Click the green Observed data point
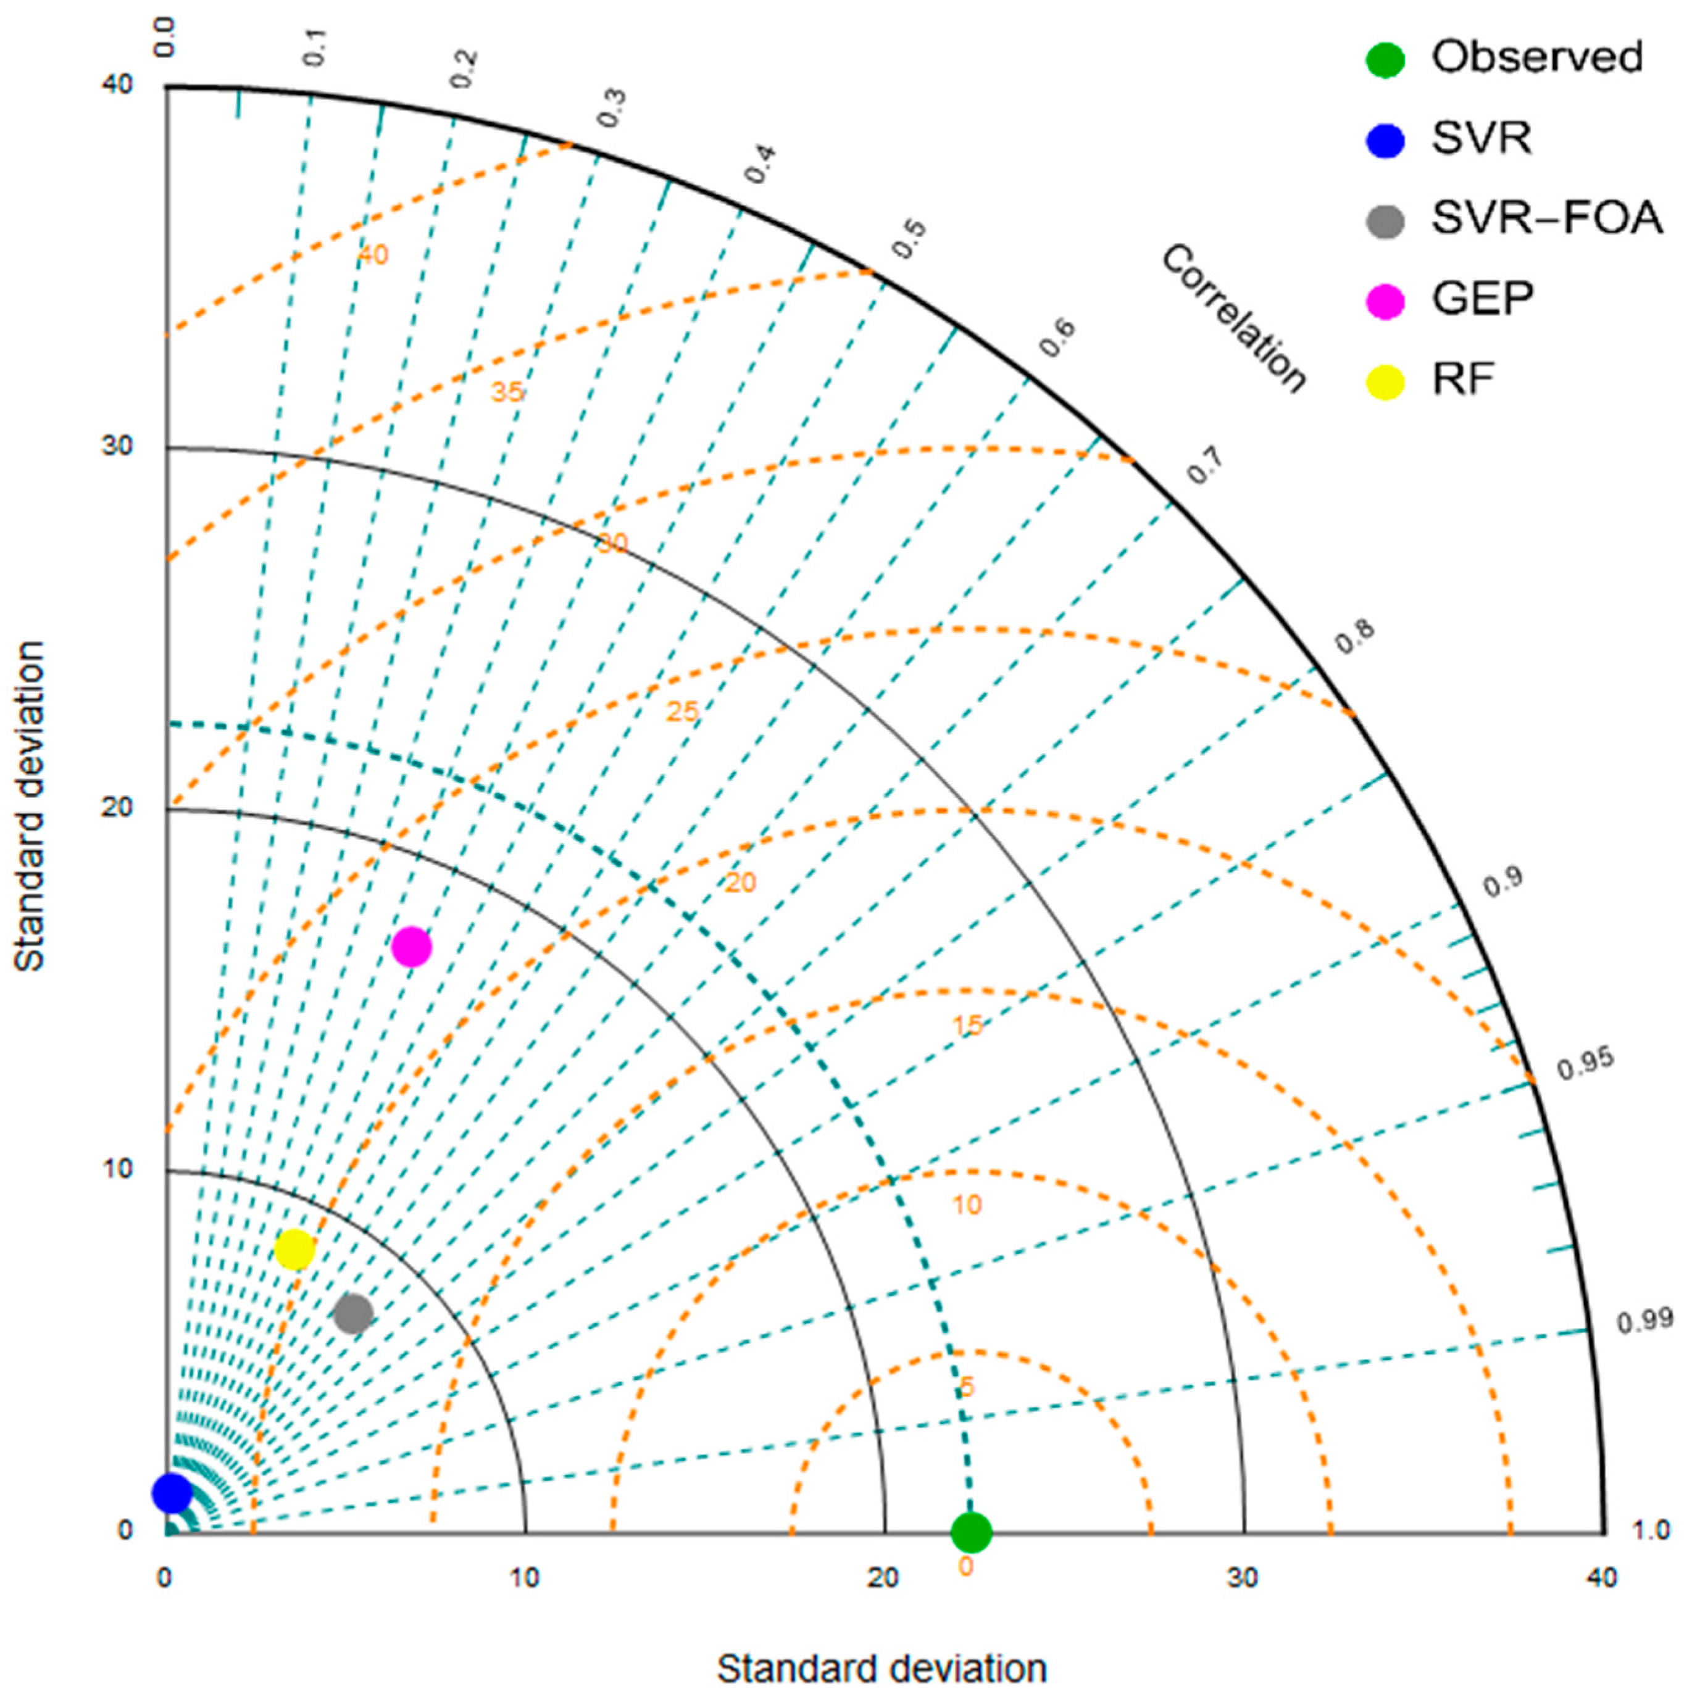(971, 1533)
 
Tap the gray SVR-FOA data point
(353, 1314)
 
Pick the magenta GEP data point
(411, 947)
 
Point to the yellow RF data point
(294, 1249)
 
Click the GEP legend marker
(1385, 301)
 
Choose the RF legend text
(1464, 380)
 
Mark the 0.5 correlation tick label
(909, 239)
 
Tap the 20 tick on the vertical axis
(117, 807)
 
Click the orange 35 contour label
(507, 392)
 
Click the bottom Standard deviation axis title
(882, 1668)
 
